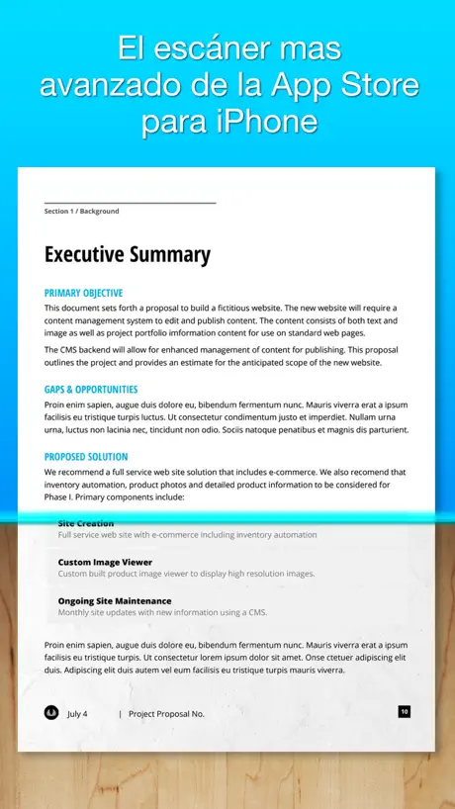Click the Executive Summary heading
tap(128, 254)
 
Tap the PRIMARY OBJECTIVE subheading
tap(83, 293)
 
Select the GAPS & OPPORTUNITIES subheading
tap(91, 390)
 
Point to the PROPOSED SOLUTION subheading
tap(86, 457)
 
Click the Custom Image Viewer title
tap(105, 562)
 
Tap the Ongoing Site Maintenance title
tap(114, 600)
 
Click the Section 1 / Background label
tap(81, 211)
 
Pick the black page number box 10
tap(405, 711)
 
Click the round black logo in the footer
tap(51, 712)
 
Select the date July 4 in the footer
tap(77, 713)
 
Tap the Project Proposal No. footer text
tap(166, 713)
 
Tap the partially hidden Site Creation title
tap(86, 523)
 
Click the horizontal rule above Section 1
tap(130, 203)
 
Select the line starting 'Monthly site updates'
tap(162, 612)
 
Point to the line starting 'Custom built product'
tap(186, 574)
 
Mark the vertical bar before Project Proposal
tap(120, 713)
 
